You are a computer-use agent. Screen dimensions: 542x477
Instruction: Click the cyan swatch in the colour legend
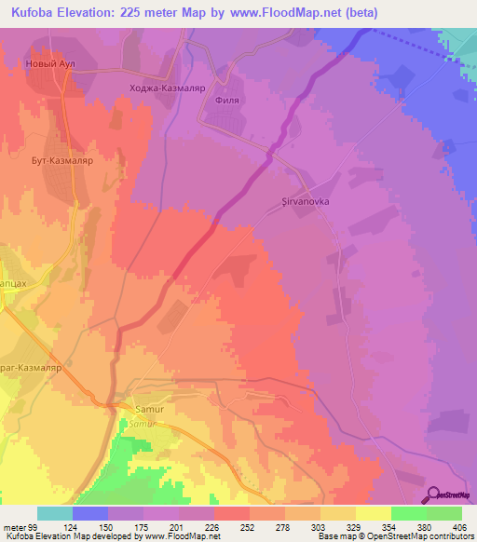pos(55,513)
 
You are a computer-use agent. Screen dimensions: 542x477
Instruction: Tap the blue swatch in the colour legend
pos(90,513)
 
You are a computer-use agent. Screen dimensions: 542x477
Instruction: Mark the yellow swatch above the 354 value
pos(373,513)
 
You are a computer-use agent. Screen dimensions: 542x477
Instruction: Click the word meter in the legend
pos(13,526)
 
